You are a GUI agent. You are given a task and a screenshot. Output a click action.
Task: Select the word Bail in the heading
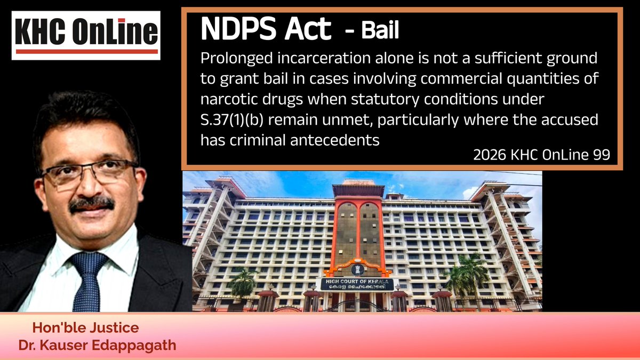(380, 32)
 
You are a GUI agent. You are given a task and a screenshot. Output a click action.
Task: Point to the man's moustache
(92, 204)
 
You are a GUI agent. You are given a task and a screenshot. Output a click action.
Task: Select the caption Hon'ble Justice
(86, 328)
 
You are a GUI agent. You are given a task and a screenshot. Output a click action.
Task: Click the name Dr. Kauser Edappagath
(97, 345)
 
